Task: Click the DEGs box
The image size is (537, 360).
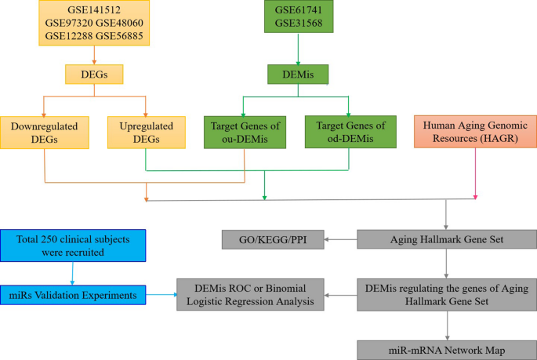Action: (94, 75)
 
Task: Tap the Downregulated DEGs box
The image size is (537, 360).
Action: (45, 133)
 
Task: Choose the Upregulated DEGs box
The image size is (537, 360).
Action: (146, 133)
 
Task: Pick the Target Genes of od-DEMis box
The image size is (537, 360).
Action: (348, 132)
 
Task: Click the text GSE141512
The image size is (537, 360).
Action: (94, 10)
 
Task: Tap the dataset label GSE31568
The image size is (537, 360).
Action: (298, 26)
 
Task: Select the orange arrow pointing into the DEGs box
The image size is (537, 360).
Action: (94, 56)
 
